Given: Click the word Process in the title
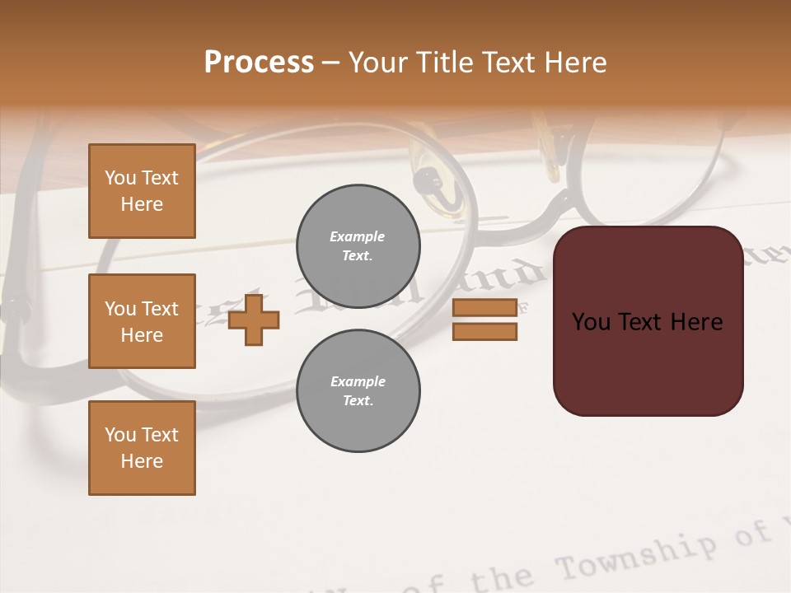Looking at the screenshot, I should (x=259, y=63).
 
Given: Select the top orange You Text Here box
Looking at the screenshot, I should (x=142, y=191).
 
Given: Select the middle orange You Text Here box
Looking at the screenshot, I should (x=142, y=321).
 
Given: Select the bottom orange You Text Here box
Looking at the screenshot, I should (x=142, y=448).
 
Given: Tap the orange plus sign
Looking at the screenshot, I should (x=254, y=320).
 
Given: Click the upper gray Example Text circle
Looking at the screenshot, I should (x=358, y=246).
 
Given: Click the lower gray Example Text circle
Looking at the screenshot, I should (x=358, y=391).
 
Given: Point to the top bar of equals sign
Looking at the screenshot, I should (x=484, y=308).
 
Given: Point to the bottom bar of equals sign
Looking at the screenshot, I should (x=484, y=331).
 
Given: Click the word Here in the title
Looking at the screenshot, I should (x=577, y=63).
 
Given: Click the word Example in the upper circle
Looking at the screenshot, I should (x=358, y=236).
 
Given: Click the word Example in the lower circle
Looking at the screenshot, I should (x=358, y=381).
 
